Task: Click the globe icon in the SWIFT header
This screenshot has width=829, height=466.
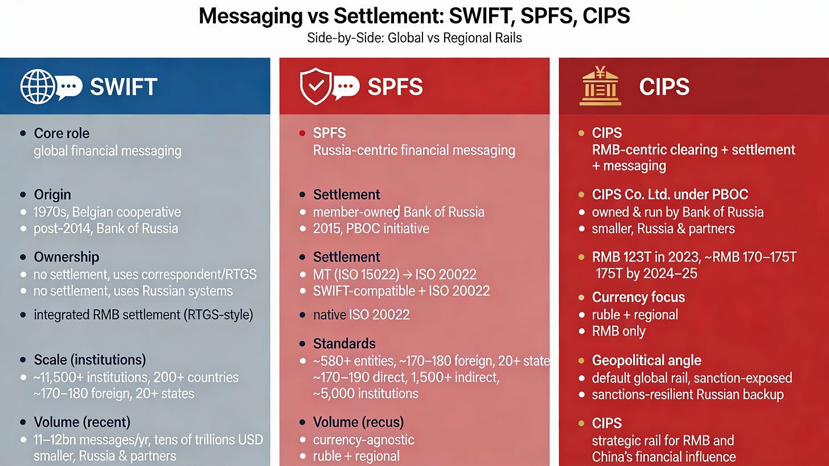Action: [37, 87]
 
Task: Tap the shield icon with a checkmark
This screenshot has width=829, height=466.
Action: [315, 87]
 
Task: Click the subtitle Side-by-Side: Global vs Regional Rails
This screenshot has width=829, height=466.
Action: [414, 38]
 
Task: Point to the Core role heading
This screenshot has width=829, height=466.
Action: [61, 133]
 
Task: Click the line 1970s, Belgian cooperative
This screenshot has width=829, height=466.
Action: [107, 212]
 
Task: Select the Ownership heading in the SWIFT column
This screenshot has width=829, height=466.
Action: [66, 257]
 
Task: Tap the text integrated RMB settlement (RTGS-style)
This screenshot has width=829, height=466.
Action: [143, 314]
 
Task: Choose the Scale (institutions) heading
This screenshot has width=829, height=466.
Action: [89, 360]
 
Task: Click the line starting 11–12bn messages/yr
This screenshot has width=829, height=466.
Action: [148, 439]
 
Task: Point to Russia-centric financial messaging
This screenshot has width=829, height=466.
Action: [414, 150]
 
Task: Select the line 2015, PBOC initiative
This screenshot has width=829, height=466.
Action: [371, 228]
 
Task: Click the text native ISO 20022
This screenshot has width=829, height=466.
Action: [361, 314]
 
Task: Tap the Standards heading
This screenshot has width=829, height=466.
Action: [344, 344]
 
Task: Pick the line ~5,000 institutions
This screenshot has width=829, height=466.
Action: [366, 394]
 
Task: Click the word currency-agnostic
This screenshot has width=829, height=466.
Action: [363, 440]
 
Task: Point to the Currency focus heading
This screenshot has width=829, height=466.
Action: [638, 297]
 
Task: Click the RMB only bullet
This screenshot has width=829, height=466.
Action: [618, 332]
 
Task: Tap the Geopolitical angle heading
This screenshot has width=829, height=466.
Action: [646, 361]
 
